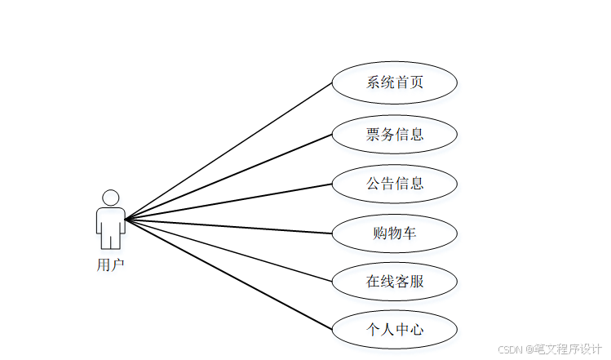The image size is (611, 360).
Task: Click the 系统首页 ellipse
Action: [x=394, y=82]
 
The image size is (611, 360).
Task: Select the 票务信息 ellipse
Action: [x=394, y=133]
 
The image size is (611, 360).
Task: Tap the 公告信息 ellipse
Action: [x=394, y=184]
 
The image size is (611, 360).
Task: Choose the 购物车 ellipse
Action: [x=394, y=233]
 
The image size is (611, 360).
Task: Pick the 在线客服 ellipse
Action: [x=394, y=282]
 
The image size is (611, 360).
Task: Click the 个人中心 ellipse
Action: [x=394, y=330]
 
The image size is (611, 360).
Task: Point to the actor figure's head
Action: [x=110, y=198]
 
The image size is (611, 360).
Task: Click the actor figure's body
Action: [x=110, y=224]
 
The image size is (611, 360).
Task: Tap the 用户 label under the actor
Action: [x=110, y=264]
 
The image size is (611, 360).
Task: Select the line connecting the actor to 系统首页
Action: [x=228, y=151]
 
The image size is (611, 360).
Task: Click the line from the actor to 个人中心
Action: [x=228, y=275]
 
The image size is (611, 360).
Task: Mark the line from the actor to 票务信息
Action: [x=228, y=176]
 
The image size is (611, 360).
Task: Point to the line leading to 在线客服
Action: [x=228, y=251]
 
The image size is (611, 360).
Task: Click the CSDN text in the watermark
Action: [x=509, y=349]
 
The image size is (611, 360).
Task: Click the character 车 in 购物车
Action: [x=410, y=233]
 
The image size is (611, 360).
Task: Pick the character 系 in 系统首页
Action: [x=373, y=82]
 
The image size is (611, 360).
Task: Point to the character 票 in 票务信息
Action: [x=373, y=133]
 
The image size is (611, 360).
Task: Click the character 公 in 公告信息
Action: [x=373, y=184]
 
